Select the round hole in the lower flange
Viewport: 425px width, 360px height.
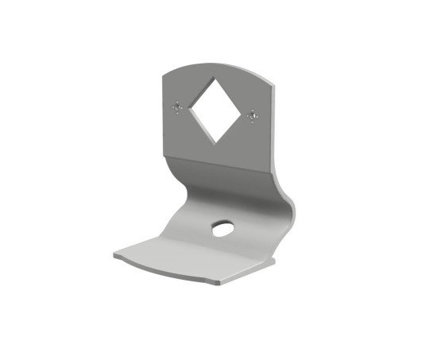click(220, 230)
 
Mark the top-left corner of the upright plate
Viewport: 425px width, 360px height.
click(161, 73)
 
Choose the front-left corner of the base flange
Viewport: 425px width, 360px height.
click(114, 256)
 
